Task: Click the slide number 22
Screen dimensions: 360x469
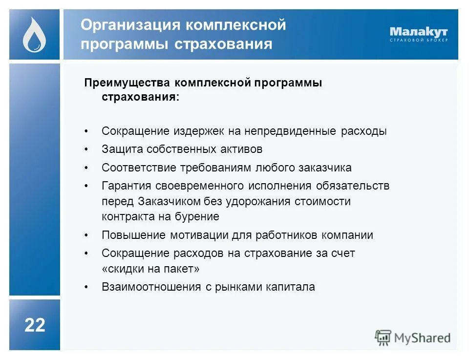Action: (x=35, y=325)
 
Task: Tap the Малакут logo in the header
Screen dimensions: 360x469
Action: (x=418, y=34)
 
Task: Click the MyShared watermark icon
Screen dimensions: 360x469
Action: (x=383, y=338)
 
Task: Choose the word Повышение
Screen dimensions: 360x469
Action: (x=133, y=235)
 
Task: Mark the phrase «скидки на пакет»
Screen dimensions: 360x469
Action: (x=151, y=269)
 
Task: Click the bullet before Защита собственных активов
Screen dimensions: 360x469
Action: (x=86, y=149)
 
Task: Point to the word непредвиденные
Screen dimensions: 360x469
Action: (x=283, y=131)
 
